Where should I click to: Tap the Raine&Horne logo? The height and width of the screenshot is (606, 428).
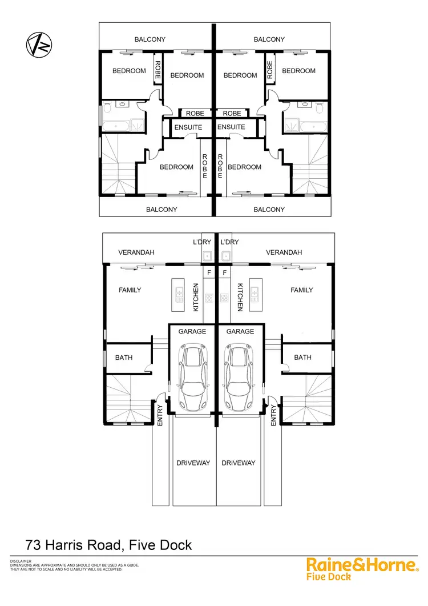click(x=361, y=565)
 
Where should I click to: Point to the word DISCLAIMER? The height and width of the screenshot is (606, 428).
click(x=21, y=561)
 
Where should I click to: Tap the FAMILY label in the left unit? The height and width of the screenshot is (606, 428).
click(x=130, y=290)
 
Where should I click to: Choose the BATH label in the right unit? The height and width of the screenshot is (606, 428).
click(x=302, y=358)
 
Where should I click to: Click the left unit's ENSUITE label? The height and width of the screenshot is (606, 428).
click(x=188, y=127)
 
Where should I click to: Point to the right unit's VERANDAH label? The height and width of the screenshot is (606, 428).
click(x=284, y=252)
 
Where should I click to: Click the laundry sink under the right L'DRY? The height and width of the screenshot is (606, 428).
click(x=226, y=255)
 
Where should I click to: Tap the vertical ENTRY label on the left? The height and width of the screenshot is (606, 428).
click(x=160, y=415)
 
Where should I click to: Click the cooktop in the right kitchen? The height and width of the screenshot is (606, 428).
click(x=224, y=297)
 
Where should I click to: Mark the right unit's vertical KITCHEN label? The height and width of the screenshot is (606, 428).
click(x=240, y=297)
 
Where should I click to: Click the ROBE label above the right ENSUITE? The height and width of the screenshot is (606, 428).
click(x=232, y=113)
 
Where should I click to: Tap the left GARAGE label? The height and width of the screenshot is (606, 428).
click(x=192, y=331)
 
